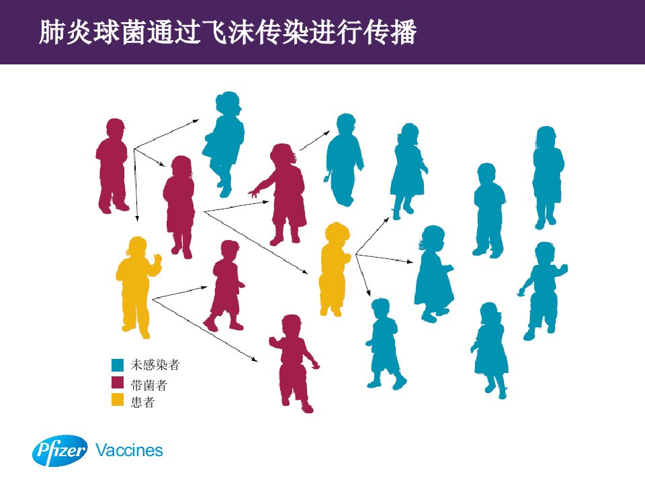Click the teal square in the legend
[x=118, y=365]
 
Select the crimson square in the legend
[x=118, y=382]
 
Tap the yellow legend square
[x=118, y=400]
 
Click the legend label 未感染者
[x=155, y=365]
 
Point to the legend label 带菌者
[x=149, y=385]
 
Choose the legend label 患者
[x=142, y=402]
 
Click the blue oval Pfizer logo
[x=60, y=451]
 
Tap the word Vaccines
[x=129, y=451]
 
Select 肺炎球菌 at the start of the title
[x=92, y=32]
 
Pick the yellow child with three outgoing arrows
[x=334, y=270]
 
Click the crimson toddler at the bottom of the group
[x=293, y=364]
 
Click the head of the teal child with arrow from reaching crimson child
[x=346, y=123]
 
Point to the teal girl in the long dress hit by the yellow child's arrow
[x=433, y=274]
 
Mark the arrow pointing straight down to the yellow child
[x=136, y=186]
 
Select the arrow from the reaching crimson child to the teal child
[x=314, y=140]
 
